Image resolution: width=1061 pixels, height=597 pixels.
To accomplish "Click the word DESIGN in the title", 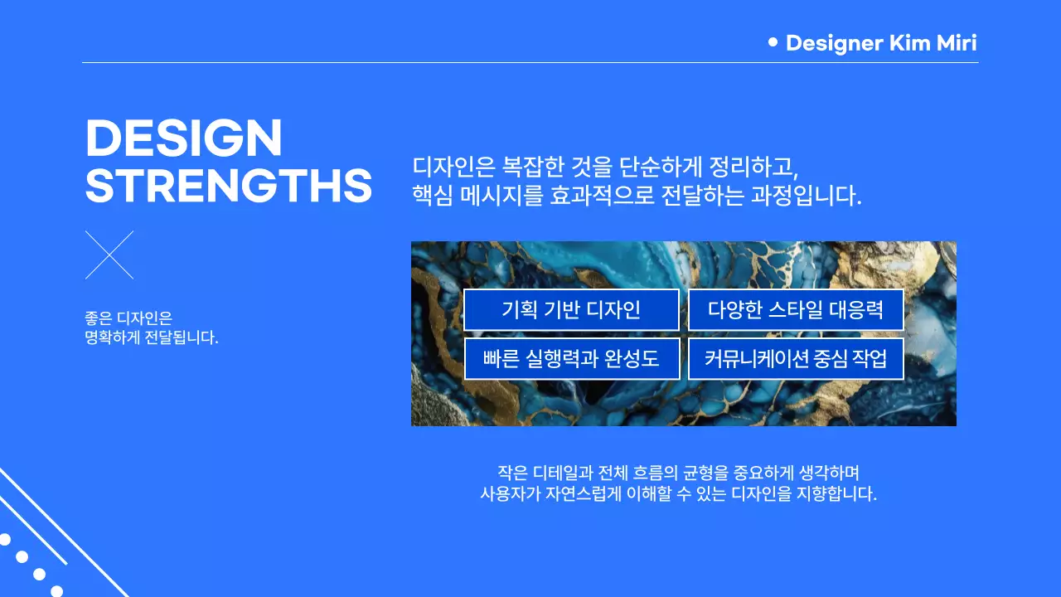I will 184,138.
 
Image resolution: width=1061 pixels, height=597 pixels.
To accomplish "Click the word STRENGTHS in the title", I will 229,186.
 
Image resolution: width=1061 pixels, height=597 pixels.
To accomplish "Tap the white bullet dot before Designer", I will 773,41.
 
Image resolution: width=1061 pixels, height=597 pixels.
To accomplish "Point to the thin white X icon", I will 109,255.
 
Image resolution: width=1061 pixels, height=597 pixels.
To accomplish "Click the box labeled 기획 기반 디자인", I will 571,310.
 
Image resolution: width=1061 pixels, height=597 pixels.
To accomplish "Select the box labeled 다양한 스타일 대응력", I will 796,310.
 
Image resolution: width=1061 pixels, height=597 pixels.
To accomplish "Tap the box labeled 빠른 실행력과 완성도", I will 571,358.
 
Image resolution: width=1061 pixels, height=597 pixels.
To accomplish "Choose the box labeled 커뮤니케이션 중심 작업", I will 796,358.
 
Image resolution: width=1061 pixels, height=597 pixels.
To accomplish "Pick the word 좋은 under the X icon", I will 98,318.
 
